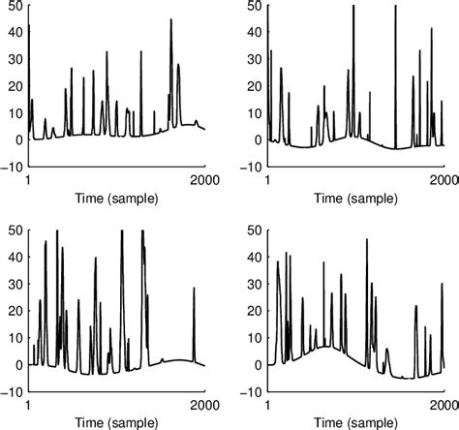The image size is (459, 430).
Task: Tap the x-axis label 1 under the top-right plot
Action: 270,180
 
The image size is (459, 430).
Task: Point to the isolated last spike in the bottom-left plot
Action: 194,289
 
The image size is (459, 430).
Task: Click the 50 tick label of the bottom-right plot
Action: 251,230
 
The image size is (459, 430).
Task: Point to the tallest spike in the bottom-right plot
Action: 366,240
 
